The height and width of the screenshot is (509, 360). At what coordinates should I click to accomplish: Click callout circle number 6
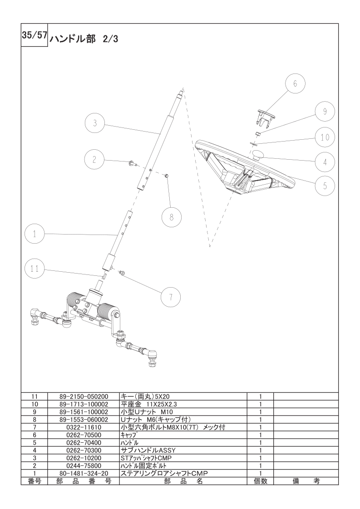click(295, 83)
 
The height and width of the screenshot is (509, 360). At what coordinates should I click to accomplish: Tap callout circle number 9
click(325, 111)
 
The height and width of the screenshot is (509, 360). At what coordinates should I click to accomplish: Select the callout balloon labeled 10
click(325, 137)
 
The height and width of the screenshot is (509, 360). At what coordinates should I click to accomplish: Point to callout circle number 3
click(94, 123)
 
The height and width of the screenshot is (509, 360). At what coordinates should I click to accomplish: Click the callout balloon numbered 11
click(35, 269)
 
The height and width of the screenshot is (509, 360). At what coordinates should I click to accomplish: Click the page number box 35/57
click(35, 35)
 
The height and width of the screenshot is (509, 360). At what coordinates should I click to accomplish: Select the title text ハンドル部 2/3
click(84, 39)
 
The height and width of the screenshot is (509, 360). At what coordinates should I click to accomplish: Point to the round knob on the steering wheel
click(258, 155)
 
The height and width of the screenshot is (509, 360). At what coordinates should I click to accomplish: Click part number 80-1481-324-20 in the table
click(84, 473)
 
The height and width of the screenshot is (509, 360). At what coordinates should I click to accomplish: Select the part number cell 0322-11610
click(84, 427)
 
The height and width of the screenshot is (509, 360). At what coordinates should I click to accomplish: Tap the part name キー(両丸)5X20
click(145, 396)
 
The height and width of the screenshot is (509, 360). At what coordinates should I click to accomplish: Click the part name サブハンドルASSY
click(148, 450)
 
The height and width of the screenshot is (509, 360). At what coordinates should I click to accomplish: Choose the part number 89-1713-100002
click(84, 404)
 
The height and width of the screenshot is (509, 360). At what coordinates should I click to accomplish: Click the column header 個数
click(261, 481)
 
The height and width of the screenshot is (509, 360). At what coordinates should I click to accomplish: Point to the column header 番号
click(35, 481)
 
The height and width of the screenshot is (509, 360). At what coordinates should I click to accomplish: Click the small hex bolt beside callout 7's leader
click(123, 273)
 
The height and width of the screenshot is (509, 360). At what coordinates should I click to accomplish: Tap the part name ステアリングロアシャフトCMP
click(164, 473)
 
